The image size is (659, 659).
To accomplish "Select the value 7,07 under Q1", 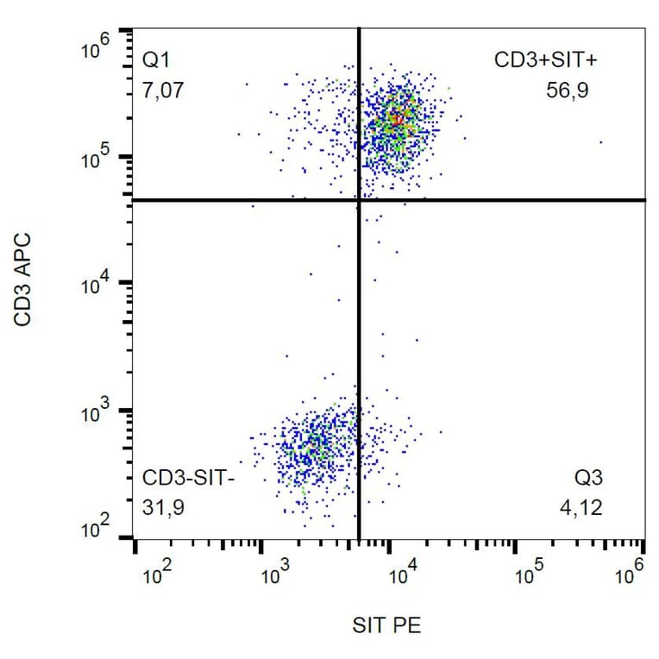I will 163,90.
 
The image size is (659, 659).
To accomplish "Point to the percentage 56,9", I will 568,90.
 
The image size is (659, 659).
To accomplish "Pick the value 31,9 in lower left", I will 163,508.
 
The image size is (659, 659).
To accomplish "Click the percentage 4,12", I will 581,508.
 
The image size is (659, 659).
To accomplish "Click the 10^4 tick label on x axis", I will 400,573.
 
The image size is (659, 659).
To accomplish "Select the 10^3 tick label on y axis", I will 97,413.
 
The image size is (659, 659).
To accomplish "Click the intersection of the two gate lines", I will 358,200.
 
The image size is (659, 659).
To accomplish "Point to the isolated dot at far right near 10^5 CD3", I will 600,142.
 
